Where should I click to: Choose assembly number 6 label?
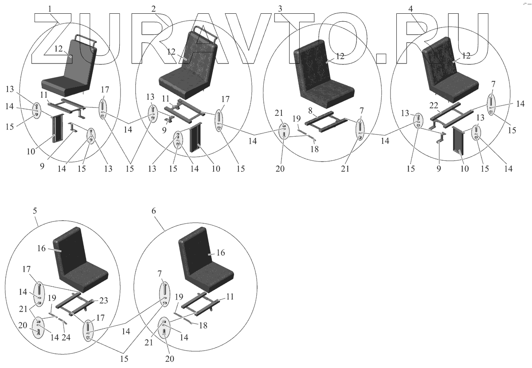coord(154,211)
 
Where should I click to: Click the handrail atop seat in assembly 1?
coord(86,39)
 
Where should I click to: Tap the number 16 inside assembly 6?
coord(220,252)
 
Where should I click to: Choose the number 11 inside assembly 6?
coord(229,296)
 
